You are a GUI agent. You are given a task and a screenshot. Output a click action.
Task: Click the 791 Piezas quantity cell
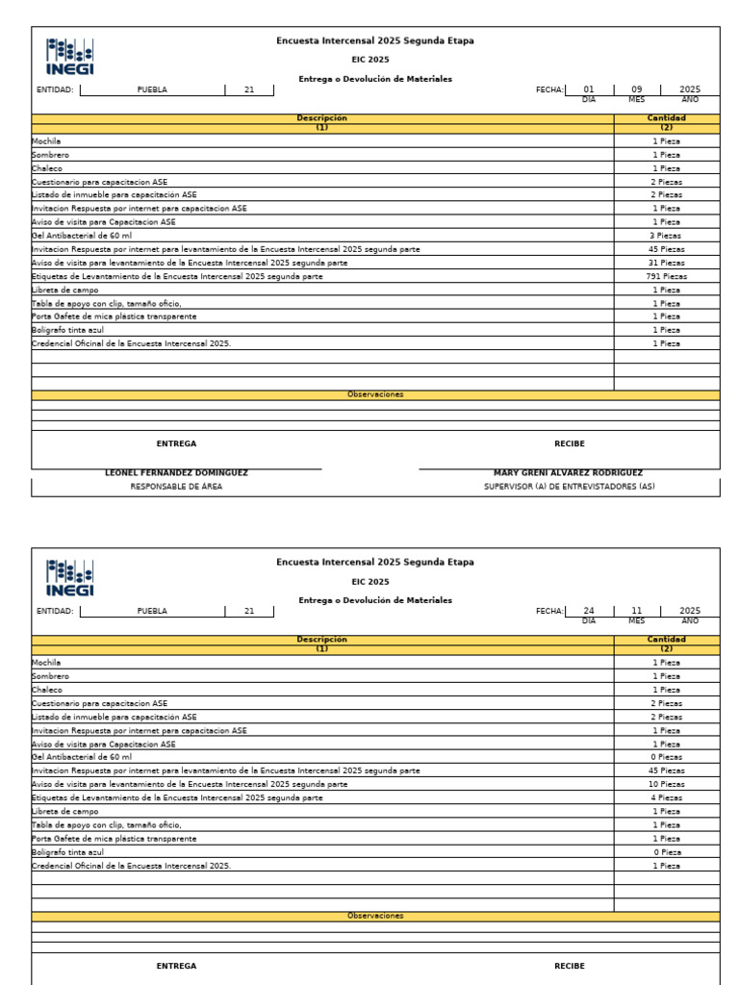tap(666, 276)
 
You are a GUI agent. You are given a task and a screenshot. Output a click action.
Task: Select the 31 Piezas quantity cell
tap(666, 263)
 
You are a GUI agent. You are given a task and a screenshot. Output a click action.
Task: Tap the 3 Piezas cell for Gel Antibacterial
tap(666, 236)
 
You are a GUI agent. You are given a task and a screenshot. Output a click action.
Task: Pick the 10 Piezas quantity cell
tap(666, 784)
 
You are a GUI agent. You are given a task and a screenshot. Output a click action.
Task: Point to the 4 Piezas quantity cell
tap(666, 797)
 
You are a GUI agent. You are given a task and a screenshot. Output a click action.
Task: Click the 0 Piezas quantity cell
tap(666, 757)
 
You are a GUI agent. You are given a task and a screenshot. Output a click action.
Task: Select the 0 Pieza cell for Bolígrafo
tap(666, 852)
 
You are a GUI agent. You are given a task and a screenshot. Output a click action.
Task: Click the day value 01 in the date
tap(589, 89)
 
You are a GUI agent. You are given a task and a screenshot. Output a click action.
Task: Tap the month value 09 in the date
tap(636, 89)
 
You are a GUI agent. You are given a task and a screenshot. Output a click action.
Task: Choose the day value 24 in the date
tap(589, 611)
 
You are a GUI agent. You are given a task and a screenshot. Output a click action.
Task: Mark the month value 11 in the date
tap(636, 611)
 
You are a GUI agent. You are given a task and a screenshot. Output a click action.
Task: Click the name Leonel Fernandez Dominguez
tap(176, 473)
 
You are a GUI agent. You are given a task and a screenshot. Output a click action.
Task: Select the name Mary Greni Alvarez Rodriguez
tap(568, 473)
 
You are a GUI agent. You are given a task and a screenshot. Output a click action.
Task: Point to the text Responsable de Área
tap(176, 487)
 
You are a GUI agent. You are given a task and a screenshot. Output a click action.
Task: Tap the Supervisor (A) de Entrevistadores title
tap(569, 487)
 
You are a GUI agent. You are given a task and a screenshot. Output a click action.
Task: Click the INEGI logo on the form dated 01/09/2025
tap(70, 57)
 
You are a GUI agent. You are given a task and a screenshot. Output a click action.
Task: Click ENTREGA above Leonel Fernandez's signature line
tap(176, 444)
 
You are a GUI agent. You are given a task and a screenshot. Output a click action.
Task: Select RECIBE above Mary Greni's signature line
tap(569, 444)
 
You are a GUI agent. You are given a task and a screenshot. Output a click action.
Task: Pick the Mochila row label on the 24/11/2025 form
tap(46, 663)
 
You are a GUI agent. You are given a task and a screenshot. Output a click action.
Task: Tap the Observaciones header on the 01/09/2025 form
tap(375, 394)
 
